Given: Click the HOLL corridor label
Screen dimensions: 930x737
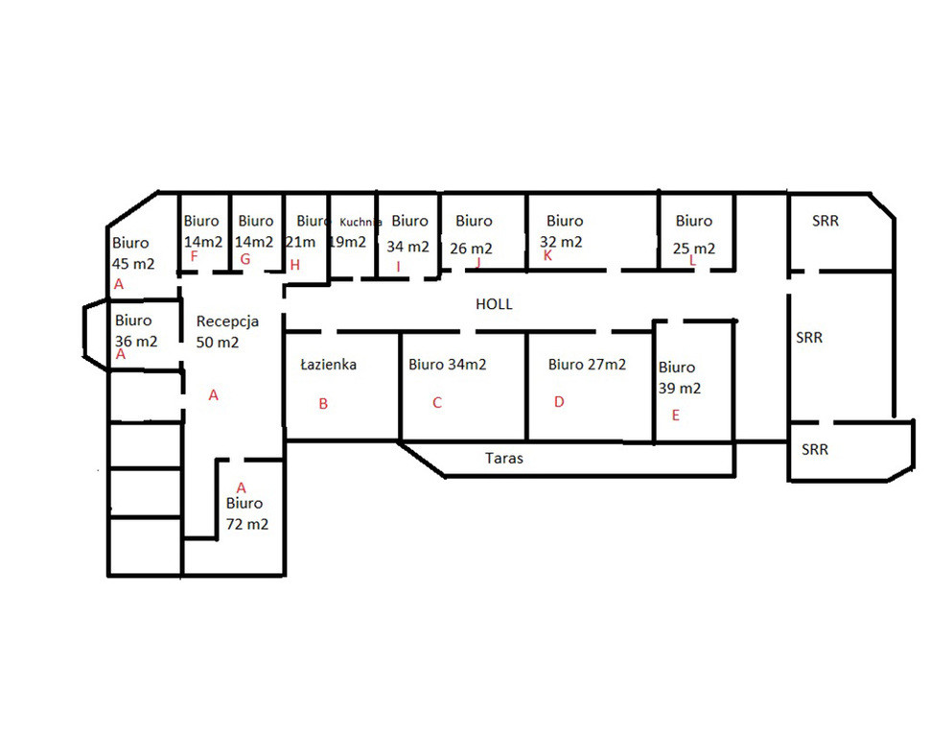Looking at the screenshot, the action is click(494, 304).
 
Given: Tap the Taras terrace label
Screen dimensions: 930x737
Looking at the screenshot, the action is click(504, 458).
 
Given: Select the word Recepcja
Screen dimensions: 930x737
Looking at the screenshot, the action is click(227, 321).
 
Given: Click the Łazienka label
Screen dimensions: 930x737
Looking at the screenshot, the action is click(329, 364).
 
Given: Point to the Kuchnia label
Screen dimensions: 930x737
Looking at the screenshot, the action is click(360, 222).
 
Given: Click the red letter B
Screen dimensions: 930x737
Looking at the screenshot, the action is click(323, 404).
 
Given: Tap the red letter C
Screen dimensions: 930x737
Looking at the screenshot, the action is click(437, 403).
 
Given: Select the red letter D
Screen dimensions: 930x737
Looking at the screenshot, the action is click(559, 402).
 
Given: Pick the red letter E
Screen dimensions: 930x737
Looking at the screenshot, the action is click(676, 416).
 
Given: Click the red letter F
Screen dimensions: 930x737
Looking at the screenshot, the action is click(194, 256).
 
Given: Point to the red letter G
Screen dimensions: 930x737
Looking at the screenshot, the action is click(244, 259).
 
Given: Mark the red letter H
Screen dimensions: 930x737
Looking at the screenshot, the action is click(294, 265).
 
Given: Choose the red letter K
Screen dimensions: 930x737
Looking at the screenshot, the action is click(547, 255).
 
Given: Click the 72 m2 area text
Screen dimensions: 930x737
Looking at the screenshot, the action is click(247, 524).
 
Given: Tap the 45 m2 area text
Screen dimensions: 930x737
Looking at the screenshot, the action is click(133, 264).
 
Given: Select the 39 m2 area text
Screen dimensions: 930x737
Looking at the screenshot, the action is click(680, 389).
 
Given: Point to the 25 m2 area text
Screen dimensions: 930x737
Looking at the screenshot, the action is click(694, 249).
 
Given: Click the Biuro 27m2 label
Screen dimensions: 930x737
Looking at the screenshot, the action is click(587, 364).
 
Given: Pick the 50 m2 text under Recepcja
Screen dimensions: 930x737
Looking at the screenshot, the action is click(218, 343).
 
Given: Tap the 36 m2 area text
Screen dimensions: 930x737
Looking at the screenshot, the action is click(136, 342).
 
